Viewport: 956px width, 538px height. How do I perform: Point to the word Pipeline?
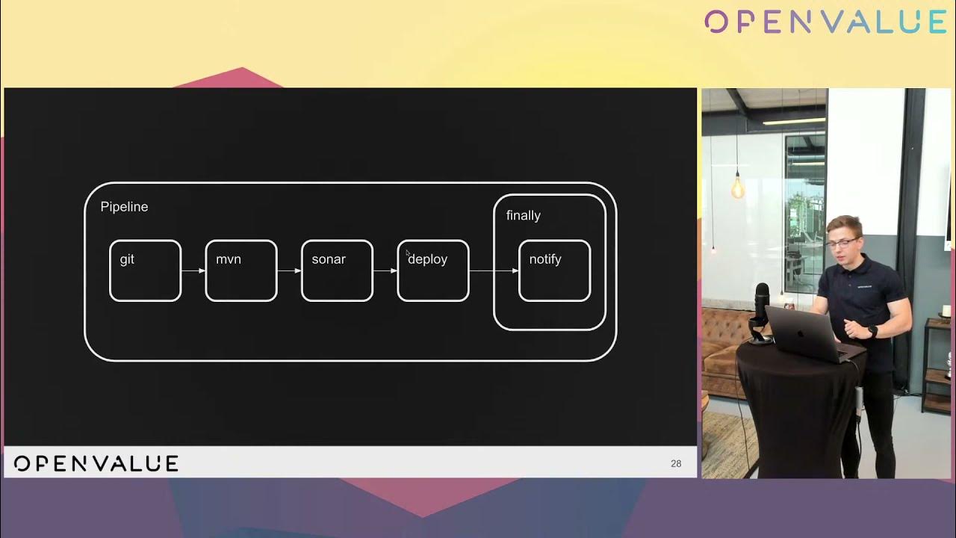click(124, 207)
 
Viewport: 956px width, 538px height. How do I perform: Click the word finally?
click(524, 216)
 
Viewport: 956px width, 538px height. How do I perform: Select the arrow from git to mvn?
click(193, 270)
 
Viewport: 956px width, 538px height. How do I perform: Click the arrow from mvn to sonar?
click(289, 270)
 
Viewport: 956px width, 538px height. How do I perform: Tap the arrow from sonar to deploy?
click(385, 270)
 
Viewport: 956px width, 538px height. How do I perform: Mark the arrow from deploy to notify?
click(494, 270)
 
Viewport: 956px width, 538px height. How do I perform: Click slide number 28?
click(676, 464)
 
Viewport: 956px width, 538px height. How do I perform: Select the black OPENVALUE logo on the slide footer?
click(96, 464)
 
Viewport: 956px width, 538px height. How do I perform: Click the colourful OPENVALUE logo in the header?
click(825, 22)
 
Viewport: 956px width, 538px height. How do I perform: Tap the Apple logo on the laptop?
click(800, 333)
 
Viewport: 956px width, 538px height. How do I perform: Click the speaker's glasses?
click(842, 244)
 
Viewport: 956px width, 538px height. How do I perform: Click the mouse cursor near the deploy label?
click(408, 253)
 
